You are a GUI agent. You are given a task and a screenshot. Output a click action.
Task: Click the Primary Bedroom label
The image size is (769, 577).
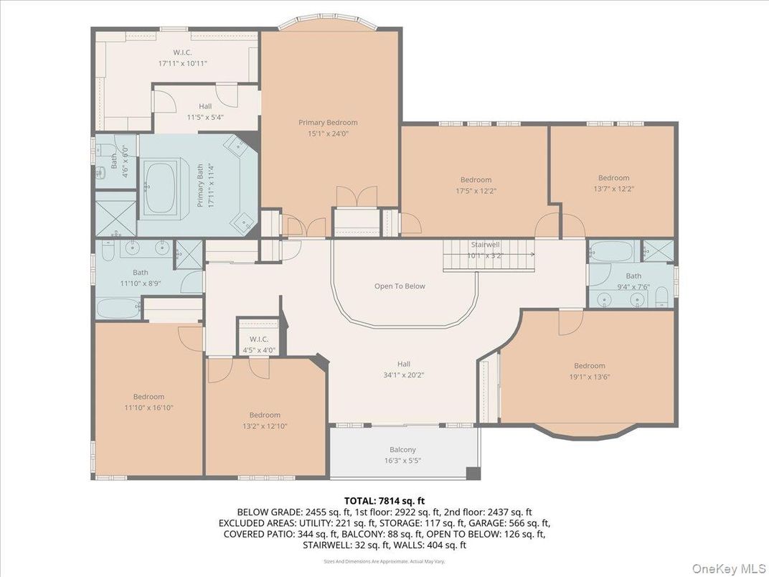pos(328,123)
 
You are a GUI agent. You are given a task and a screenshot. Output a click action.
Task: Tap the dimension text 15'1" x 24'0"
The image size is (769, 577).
pos(328,133)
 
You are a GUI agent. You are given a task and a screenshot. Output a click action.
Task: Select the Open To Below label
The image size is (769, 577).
pos(400,286)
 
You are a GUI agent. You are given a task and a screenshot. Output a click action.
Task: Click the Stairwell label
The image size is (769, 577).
pos(485,245)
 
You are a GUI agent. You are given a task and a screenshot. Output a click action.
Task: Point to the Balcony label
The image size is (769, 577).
pos(402,450)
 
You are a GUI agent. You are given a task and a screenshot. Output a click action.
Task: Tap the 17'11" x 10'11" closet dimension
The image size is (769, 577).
pos(182,63)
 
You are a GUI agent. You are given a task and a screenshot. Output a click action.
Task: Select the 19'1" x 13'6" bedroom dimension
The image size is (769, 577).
pos(589,376)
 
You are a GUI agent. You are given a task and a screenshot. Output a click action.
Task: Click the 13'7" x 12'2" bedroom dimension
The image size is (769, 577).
pos(613,189)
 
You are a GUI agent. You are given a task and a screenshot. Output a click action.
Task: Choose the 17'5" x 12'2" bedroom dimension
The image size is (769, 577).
pos(476,190)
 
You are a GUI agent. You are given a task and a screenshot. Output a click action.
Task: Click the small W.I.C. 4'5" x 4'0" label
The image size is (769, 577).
pos(258,344)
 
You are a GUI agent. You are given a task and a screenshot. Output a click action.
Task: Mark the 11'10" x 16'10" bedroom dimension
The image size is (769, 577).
pos(148,407)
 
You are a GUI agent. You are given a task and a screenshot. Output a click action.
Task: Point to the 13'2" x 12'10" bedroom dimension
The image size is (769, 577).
pos(265,426)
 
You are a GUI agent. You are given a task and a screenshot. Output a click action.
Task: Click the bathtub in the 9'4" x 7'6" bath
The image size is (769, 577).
pos(611,252)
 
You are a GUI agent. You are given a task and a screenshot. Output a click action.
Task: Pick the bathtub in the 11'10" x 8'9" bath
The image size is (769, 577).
pos(120,309)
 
